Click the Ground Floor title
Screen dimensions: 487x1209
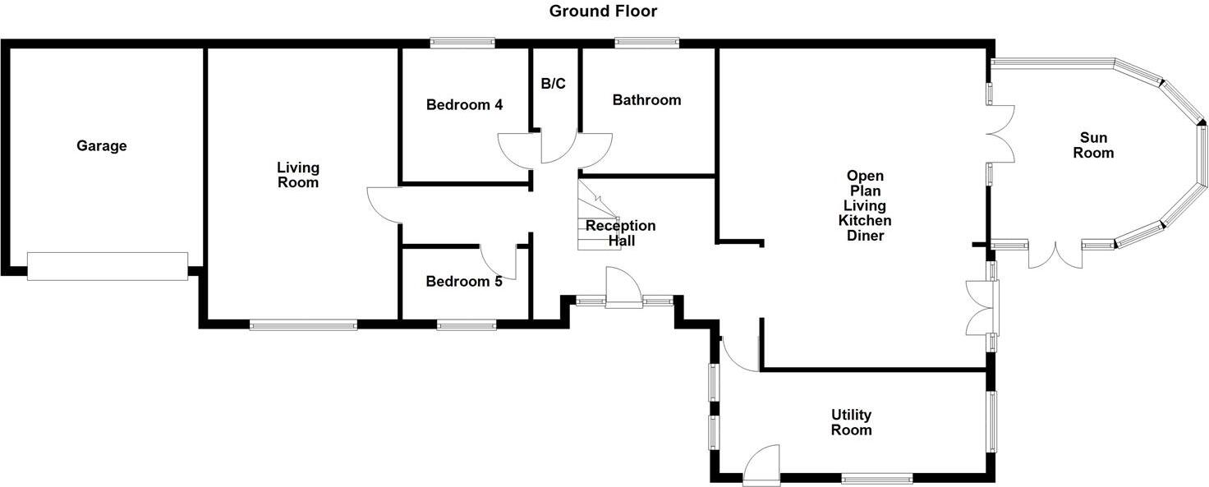[603, 11]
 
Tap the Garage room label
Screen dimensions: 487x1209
[102, 146]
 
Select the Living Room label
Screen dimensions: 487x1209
[297, 175]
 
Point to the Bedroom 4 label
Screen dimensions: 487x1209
[464, 105]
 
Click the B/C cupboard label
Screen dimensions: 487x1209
[553, 84]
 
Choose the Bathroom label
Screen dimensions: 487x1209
[646, 100]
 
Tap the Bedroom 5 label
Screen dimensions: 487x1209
[463, 282]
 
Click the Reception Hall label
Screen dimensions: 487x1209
[621, 233]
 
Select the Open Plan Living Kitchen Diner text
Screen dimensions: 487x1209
[865, 205]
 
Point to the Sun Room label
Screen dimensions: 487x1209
[1096, 145]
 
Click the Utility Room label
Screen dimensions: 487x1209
[851, 422]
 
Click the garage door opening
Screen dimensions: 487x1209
[107, 267]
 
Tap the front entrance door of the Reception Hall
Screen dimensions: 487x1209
[623, 289]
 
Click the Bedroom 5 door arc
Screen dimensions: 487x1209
[498, 263]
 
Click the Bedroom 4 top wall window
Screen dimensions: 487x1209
[462, 43]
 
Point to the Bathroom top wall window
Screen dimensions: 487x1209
[647, 43]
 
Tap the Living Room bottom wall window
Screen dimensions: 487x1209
[303, 325]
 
